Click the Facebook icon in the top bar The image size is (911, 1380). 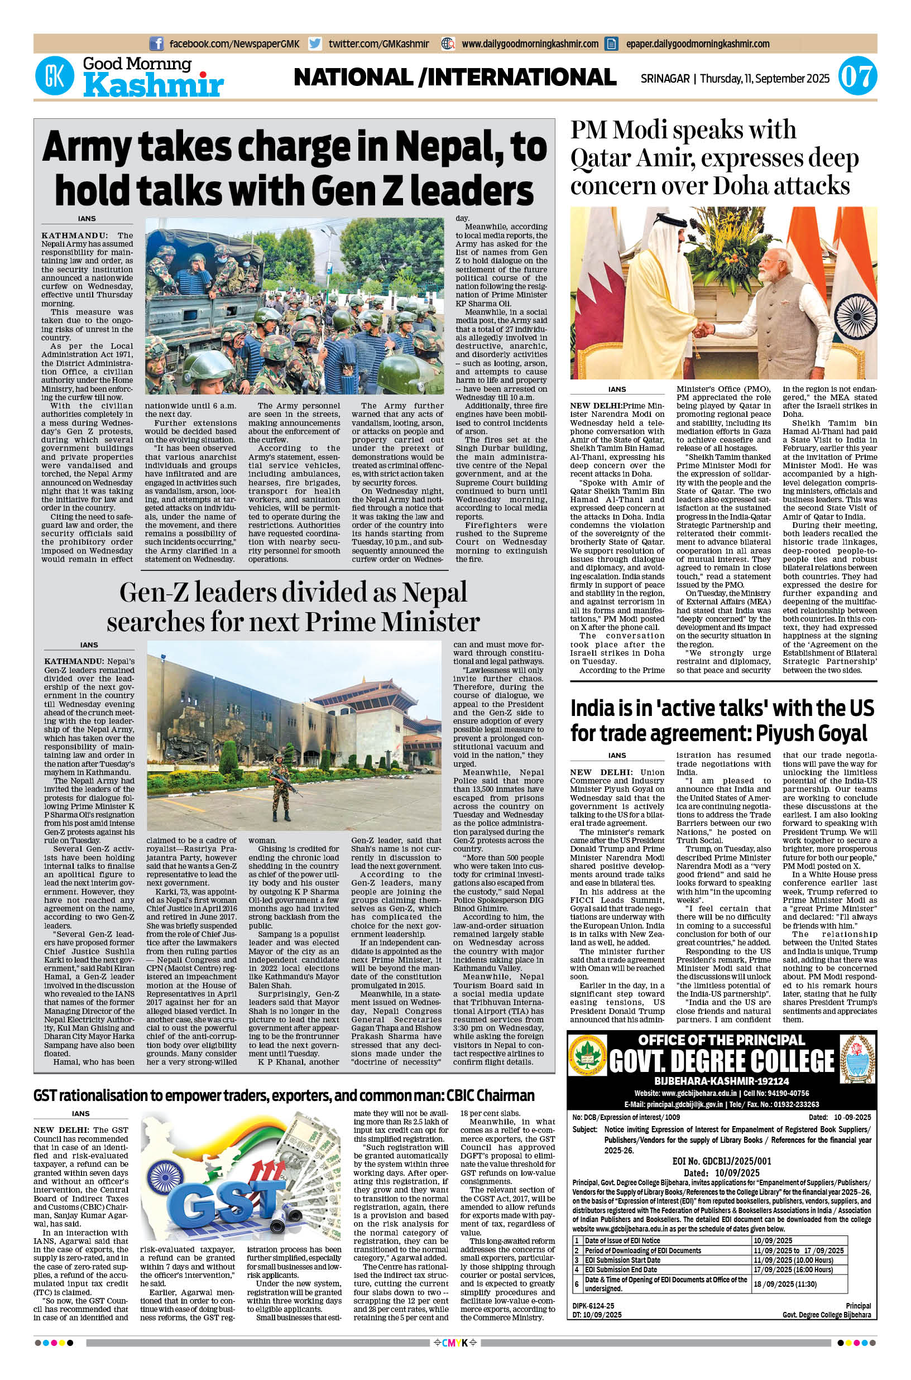click(156, 44)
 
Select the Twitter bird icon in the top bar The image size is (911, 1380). click(315, 44)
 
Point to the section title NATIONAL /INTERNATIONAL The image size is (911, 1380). click(455, 77)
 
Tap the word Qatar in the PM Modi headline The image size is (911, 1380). click(601, 158)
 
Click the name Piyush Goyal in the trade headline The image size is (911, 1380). click(811, 733)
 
